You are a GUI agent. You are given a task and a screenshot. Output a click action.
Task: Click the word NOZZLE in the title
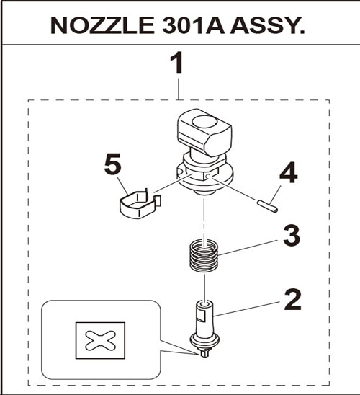102,25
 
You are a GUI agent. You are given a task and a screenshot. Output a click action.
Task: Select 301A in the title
194,25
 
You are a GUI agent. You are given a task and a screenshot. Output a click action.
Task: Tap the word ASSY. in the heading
267,25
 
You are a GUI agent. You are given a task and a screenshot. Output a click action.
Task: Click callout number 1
177,63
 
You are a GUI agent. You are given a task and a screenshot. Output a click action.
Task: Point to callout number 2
292,300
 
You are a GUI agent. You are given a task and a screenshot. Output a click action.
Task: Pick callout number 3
292,235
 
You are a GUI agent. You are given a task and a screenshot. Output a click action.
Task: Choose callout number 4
288,173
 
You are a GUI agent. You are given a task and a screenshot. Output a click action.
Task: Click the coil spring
204,256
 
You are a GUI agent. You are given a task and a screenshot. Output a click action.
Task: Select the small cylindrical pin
267,206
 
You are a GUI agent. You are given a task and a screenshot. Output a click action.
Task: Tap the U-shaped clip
140,204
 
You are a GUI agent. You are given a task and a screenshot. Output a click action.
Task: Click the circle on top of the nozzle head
204,122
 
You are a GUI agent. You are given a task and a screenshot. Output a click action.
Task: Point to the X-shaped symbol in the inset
100,340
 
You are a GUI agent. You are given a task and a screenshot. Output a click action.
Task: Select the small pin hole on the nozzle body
207,177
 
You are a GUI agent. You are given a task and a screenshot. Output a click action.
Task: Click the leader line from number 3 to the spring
248,248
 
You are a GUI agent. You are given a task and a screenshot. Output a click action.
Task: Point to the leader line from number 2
246,309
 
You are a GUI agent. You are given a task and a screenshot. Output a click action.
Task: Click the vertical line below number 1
179,89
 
